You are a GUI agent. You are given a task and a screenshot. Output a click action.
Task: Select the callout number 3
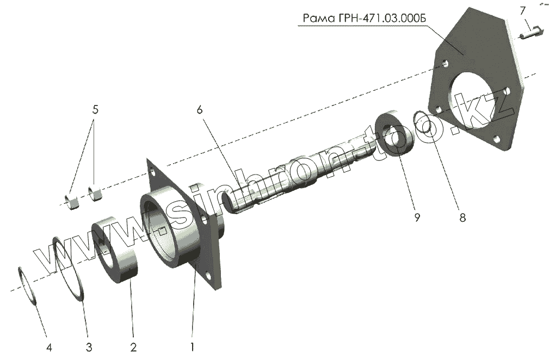(89, 346)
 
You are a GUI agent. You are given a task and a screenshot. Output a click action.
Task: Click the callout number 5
(95, 110)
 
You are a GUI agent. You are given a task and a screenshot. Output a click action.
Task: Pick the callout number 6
(200, 110)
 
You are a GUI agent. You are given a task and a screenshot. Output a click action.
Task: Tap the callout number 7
(522, 10)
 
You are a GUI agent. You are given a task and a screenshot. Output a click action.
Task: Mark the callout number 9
(417, 217)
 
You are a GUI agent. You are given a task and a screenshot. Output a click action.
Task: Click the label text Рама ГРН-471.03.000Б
(362, 18)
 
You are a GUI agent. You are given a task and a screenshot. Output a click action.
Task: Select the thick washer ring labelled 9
(396, 134)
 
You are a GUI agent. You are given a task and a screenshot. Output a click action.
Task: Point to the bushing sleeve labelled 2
(119, 250)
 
